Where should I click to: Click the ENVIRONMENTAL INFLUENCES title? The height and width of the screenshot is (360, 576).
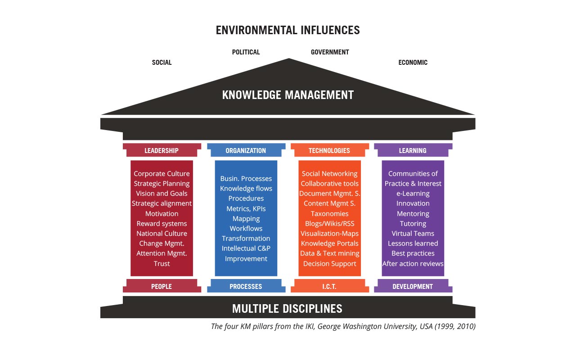tap(288, 30)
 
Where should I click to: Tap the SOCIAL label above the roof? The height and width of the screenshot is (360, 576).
tap(162, 63)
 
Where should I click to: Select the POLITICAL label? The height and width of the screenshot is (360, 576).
tap(246, 52)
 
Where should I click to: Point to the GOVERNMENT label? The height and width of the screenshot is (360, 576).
tap(330, 52)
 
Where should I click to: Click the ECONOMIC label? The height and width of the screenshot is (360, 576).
tap(413, 63)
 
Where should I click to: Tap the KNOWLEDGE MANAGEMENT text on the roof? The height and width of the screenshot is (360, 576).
tap(288, 95)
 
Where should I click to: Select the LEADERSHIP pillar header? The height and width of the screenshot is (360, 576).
tap(162, 150)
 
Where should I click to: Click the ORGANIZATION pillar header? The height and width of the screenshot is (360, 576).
tap(246, 150)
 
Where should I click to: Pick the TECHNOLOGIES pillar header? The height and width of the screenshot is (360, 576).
tap(330, 150)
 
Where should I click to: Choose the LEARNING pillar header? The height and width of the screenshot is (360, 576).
tap(413, 150)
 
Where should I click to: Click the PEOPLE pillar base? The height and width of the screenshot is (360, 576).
tap(162, 286)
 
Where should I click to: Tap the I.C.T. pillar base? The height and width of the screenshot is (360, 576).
tap(330, 286)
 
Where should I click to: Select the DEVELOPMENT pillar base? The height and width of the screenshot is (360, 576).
tap(413, 286)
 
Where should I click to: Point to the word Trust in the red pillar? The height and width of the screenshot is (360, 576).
tap(162, 264)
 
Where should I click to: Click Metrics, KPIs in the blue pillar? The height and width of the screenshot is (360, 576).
tap(246, 208)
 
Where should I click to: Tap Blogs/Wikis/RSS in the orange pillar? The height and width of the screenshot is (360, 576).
tap(330, 224)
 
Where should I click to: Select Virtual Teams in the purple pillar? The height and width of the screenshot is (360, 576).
tap(413, 234)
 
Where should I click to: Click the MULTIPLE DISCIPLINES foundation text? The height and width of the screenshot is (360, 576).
tap(287, 309)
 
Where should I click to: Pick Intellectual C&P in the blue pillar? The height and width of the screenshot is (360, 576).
tap(246, 248)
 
